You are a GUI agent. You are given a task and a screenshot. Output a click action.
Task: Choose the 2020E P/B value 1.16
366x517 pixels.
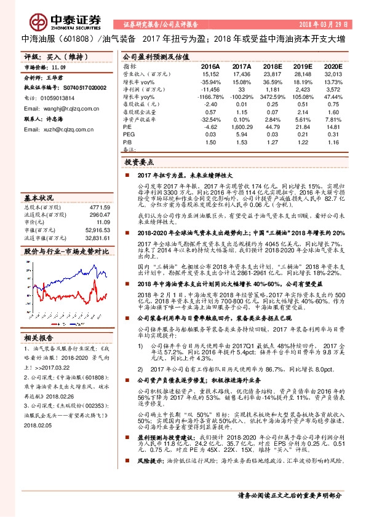click(x=333, y=142)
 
